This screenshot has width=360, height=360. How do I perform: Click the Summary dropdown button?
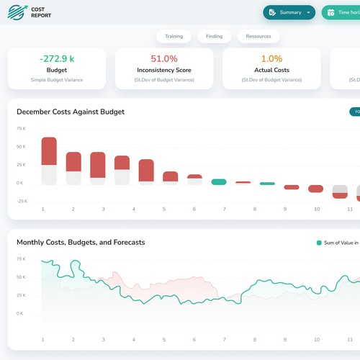tap(289, 12)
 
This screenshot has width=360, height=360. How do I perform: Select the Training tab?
tap(174, 36)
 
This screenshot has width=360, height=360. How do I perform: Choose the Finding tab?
tap(214, 36)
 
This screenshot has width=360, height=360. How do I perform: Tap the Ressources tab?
tap(258, 36)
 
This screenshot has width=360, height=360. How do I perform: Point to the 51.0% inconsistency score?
tap(163, 58)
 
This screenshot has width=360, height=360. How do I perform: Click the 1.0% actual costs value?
tap(271, 58)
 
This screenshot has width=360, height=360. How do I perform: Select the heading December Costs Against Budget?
tap(71, 112)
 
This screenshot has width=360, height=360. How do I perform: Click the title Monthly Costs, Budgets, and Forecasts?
tap(81, 242)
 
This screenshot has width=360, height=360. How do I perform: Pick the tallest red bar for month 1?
tap(49, 151)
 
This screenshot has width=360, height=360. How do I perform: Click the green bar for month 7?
tap(219, 182)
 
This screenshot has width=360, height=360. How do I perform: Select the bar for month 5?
tap(170, 176)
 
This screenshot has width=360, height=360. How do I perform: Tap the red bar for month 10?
tap(315, 189)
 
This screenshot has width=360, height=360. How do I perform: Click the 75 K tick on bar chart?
tap(21, 128)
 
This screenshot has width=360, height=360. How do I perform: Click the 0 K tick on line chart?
tap(21, 314)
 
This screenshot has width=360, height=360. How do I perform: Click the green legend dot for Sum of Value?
tap(319, 243)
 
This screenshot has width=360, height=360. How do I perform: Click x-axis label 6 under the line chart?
tap(194, 339)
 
